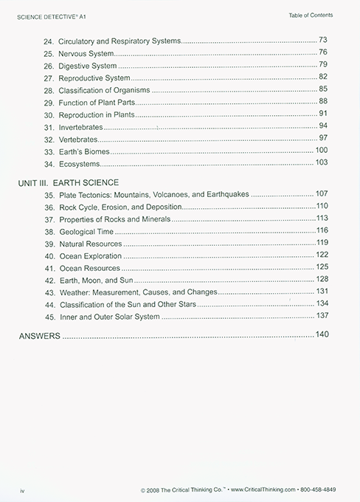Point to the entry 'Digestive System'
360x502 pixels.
pyautogui.click(x=88, y=65)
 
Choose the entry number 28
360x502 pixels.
pyautogui.click(x=49, y=89)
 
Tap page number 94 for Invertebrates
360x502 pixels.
pyautogui.click(x=322, y=125)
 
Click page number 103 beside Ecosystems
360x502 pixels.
pyautogui.click(x=321, y=162)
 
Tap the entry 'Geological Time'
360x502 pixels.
pyautogui.click(x=88, y=231)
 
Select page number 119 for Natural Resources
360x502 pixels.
pyautogui.click(x=321, y=242)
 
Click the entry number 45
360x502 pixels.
pyautogui.click(x=49, y=316)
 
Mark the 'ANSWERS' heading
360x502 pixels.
pyautogui.click(x=38, y=336)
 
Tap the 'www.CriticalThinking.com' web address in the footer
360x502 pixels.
pyautogui.click(x=257, y=490)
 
